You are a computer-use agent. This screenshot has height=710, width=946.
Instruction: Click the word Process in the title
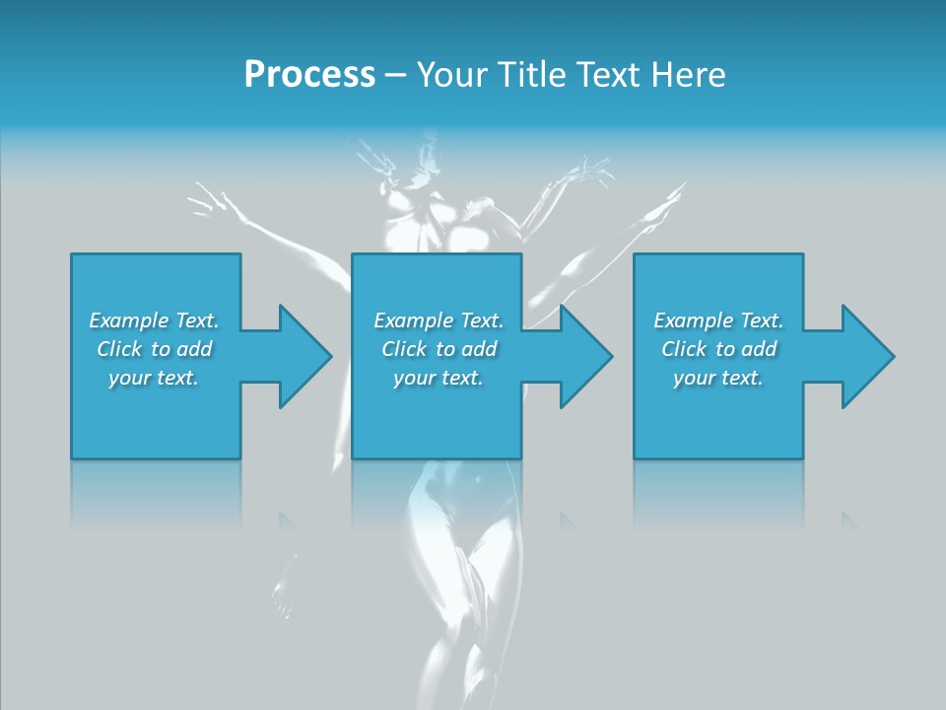309,75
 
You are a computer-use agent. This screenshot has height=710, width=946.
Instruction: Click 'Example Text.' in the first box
154,320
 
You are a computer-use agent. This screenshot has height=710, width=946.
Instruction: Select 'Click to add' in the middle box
439,349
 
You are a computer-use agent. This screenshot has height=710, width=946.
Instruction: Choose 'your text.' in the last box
718,378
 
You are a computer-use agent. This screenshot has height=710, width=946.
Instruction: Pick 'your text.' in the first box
154,378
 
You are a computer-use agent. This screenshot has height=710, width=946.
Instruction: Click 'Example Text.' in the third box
718,320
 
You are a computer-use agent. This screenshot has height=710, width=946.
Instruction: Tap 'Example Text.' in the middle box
439,320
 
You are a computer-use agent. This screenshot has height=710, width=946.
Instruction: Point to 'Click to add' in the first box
154,349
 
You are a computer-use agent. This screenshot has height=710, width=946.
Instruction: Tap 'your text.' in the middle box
439,378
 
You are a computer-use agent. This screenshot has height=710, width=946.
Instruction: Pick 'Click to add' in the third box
718,349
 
